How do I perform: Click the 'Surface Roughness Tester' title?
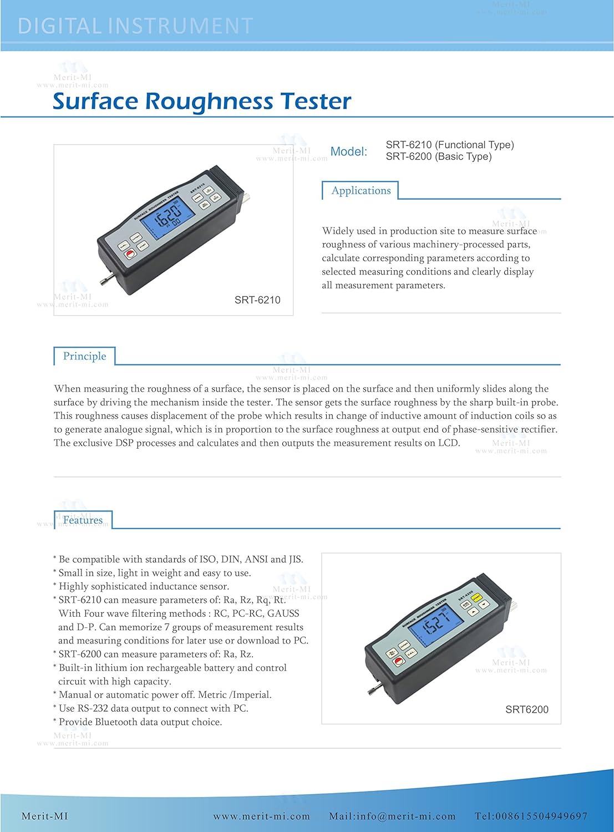click(x=202, y=101)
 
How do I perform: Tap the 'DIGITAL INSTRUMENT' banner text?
click(x=135, y=26)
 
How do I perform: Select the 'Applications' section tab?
click(x=361, y=190)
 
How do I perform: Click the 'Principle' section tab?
click(x=84, y=356)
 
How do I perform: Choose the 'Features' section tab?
click(x=83, y=520)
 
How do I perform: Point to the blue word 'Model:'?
click(x=349, y=151)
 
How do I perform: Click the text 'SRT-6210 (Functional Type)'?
click(x=450, y=145)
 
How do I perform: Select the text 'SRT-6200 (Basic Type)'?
click(x=439, y=156)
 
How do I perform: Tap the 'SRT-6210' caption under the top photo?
click(x=257, y=300)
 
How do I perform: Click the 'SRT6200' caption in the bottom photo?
click(x=527, y=709)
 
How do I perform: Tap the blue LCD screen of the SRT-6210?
click(x=168, y=216)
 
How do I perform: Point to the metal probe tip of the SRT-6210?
click(x=106, y=280)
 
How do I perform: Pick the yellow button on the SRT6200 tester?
click(x=476, y=597)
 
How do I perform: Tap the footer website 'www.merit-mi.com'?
click(x=261, y=816)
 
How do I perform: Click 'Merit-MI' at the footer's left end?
click(x=44, y=816)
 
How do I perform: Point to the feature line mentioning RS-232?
click(x=153, y=708)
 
